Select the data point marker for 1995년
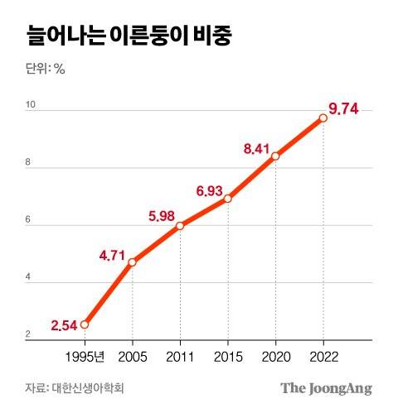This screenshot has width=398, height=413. [x=85, y=324]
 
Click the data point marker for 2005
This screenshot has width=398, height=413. [x=132, y=262]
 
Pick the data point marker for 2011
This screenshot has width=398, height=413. [x=180, y=226]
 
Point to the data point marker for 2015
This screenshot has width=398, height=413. [x=227, y=199]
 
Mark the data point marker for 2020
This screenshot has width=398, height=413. [x=275, y=156]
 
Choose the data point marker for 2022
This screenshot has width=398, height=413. [x=323, y=118]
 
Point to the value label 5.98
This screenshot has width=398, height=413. [x=163, y=217]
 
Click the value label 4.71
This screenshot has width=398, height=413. [x=113, y=255]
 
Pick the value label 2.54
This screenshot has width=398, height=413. [x=64, y=324]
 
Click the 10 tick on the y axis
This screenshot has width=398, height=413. [x=31, y=104]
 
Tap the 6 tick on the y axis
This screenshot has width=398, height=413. [x=29, y=220]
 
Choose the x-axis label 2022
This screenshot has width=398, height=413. [x=323, y=357]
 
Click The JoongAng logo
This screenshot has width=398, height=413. [x=326, y=388]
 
